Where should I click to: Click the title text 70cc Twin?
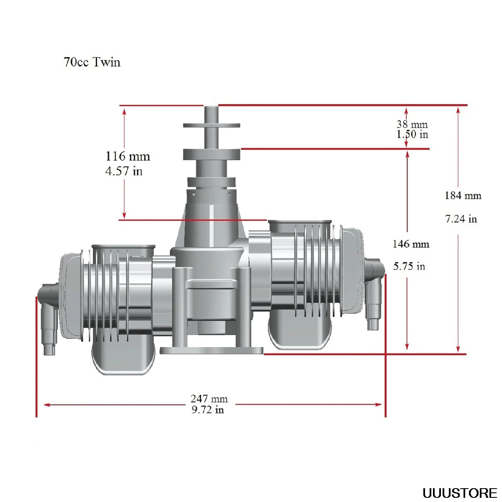(92, 62)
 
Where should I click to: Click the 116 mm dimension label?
(128, 156)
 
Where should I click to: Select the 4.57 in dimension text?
(124, 171)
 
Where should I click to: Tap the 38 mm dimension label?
(412, 124)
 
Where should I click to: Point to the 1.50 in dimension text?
(412, 134)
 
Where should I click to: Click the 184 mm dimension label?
(463, 195)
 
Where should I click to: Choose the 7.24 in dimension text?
(461, 219)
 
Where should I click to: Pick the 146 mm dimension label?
(411, 244)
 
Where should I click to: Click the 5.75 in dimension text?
(409, 266)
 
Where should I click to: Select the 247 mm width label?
(209, 399)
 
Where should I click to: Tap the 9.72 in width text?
(208, 410)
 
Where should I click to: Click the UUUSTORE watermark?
(459, 493)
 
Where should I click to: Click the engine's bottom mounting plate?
(212, 351)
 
